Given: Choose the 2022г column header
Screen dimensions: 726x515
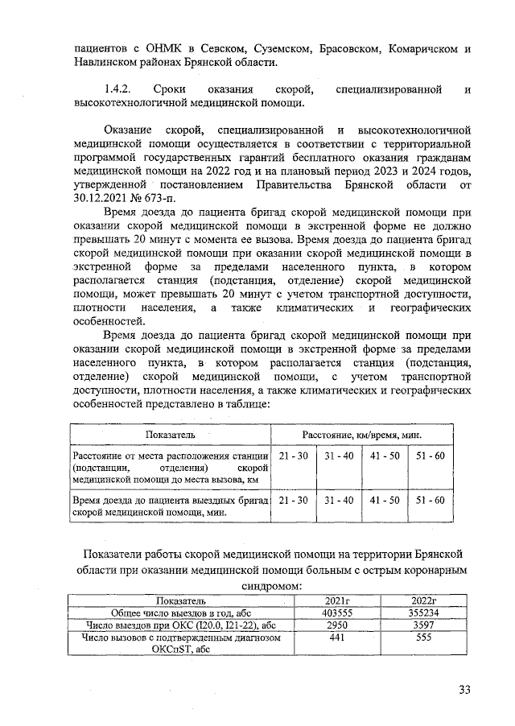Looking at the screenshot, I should (422, 600).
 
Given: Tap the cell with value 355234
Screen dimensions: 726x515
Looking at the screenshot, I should (422, 612).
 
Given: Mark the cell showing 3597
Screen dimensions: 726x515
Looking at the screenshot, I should (422, 624).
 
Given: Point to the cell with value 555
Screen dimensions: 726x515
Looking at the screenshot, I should (422, 636).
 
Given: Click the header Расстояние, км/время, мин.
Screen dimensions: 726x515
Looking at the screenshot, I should (362, 434).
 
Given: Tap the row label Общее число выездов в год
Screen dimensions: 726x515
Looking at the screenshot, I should (181, 612).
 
